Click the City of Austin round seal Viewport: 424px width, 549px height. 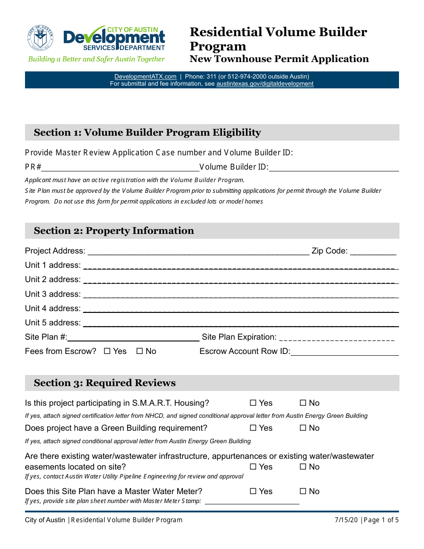click(40, 37)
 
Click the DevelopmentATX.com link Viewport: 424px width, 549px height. click(145, 76)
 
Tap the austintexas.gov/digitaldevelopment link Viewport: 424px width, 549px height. click(265, 83)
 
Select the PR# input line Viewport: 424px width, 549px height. click(121, 168)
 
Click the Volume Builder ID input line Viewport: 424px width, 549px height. click(334, 168)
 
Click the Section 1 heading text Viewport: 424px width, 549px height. click(147, 133)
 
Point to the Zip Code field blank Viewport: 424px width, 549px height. click(373, 252)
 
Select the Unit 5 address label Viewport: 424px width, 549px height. click(53, 323)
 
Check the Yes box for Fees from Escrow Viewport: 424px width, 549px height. click(107, 351)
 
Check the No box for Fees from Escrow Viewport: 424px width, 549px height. click(139, 351)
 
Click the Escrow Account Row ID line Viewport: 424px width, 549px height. click(344, 352)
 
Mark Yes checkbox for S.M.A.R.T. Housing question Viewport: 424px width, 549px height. click(253, 403)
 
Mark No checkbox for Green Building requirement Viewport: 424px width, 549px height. click(303, 428)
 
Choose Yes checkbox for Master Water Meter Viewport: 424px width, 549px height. click(253, 491)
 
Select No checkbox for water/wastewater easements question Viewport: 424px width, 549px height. click(303, 467)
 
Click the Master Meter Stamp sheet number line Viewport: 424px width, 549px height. click(252, 501)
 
